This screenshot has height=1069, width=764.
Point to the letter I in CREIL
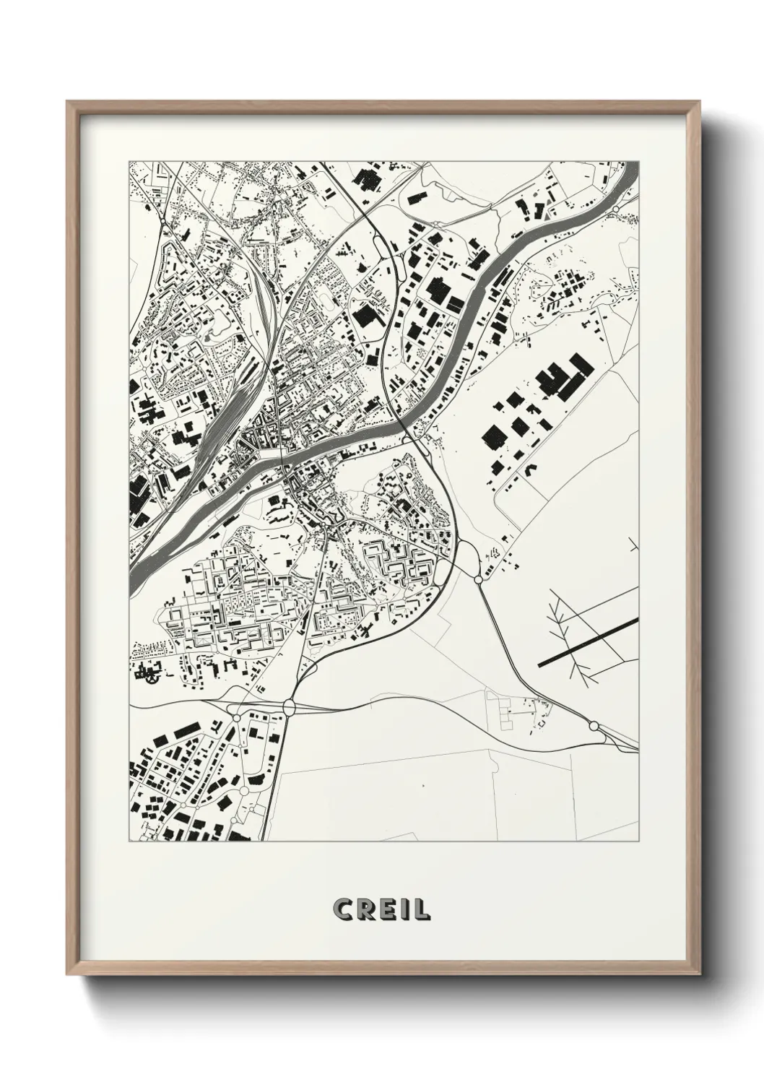click(403, 909)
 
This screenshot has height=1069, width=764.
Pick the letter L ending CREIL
click(420, 909)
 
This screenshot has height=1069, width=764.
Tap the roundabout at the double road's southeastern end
click(594, 725)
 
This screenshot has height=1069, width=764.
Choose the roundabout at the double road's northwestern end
click(479, 579)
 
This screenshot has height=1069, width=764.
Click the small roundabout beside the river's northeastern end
click(615, 208)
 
